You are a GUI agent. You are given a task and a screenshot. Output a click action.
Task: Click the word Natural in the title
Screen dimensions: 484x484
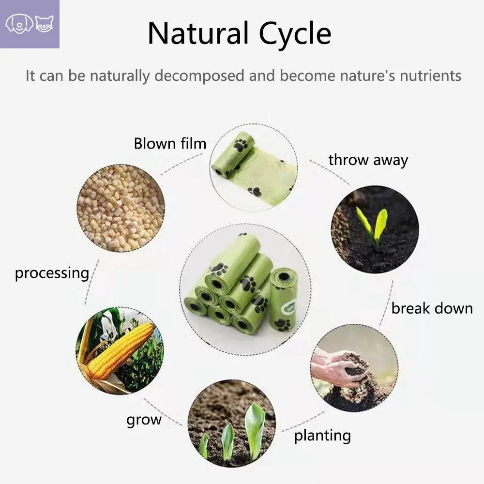tap(198, 33)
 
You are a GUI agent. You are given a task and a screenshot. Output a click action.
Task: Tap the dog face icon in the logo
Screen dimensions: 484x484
tap(19, 24)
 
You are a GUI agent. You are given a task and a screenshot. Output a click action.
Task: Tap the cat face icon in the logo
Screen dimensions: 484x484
tap(44, 24)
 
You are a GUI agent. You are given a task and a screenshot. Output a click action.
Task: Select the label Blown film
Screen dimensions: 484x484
tap(170, 144)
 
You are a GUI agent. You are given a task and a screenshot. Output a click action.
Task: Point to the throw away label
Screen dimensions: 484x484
tap(368, 160)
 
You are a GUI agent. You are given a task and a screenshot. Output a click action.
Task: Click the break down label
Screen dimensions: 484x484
tap(432, 308)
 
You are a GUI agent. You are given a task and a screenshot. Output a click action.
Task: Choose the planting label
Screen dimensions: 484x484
tap(322, 436)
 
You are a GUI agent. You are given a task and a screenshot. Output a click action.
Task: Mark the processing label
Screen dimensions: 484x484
tap(52, 273)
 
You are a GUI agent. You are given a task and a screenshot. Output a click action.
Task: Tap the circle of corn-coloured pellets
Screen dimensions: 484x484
tap(121, 208)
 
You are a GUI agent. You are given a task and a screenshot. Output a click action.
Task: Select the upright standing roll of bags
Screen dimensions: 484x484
tap(283, 299)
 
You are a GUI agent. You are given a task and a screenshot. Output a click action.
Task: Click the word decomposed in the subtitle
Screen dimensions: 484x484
tap(199, 76)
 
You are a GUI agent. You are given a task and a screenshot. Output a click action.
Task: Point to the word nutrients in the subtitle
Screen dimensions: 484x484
tap(431, 76)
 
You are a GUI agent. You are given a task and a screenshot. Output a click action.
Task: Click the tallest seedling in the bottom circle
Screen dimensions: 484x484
tap(255, 431)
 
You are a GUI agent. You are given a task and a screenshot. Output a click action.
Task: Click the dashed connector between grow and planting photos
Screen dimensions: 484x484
tap(163, 412)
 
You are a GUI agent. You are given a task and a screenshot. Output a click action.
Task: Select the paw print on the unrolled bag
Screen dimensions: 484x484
tap(255, 192)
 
